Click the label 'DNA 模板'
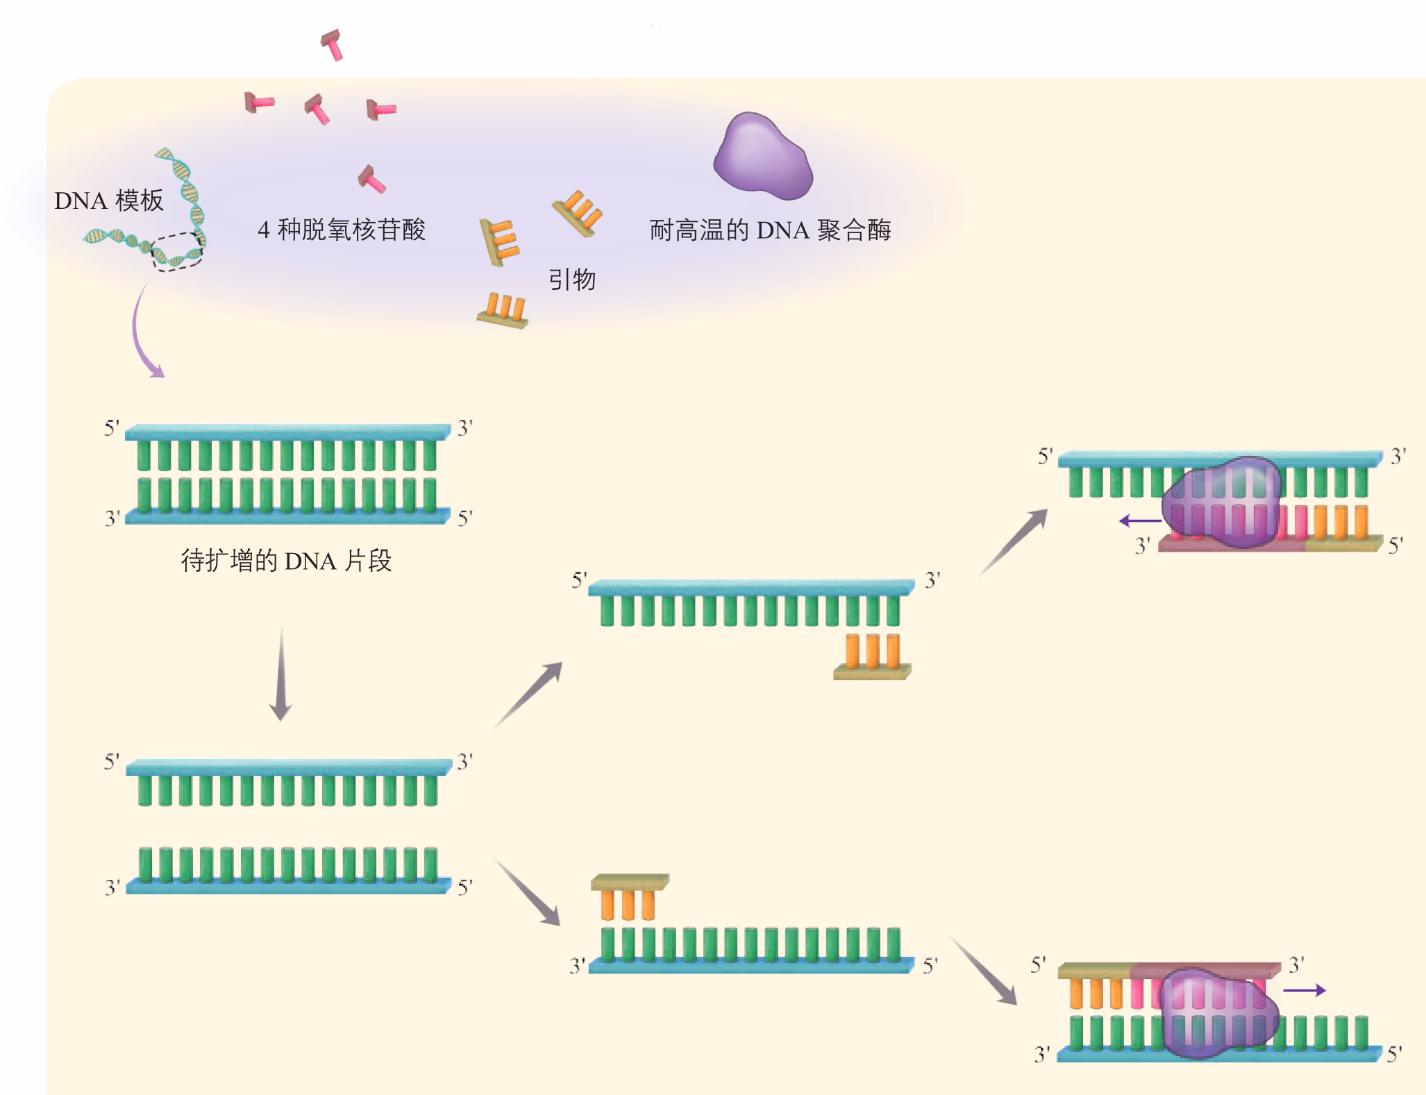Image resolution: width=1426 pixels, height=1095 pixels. [109, 201]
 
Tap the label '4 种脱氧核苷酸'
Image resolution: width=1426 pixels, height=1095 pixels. [342, 230]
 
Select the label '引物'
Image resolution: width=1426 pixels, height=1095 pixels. [572, 280]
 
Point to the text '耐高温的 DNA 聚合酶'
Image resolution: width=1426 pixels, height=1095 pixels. [770, 230]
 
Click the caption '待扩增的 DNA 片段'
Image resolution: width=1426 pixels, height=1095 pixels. [286, 561]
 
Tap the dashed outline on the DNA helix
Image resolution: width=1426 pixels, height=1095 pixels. [177, 251]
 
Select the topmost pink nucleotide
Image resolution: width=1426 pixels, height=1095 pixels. [332, 44]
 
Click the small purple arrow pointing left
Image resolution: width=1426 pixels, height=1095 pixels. [1139, 520]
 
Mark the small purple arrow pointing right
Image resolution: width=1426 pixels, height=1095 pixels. [1305, 990]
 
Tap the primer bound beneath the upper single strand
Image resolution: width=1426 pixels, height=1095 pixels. [873, 656]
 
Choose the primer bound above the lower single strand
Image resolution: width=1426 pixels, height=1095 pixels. [629, 895]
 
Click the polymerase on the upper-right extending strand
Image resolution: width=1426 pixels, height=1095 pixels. [1222, 501]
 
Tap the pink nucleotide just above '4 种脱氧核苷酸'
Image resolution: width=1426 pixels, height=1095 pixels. [371, 179]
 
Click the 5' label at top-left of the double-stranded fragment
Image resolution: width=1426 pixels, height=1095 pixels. [111, 428]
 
